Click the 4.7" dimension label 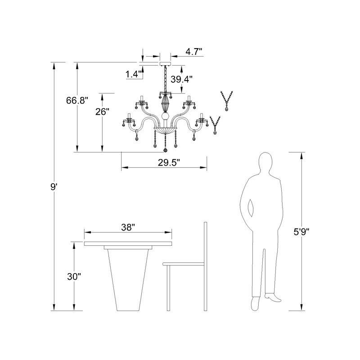coord(194,52)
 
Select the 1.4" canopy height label coord(134,74)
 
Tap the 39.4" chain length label coord(181,80)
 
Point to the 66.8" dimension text coord(77,100)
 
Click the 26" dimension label coord(102,112)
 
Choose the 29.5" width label coord(169,163)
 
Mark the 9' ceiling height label coord(54,187)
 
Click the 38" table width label coord(128,227)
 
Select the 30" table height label coord(74,277)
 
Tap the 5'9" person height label coord(302,232)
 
